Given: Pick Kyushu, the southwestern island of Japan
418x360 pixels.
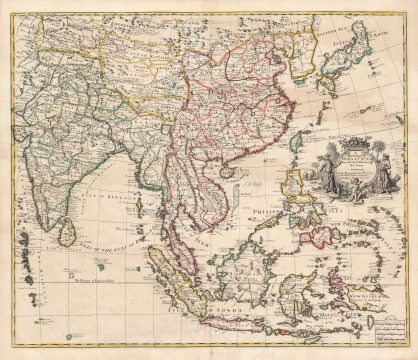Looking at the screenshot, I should click(x=327, y=84).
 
